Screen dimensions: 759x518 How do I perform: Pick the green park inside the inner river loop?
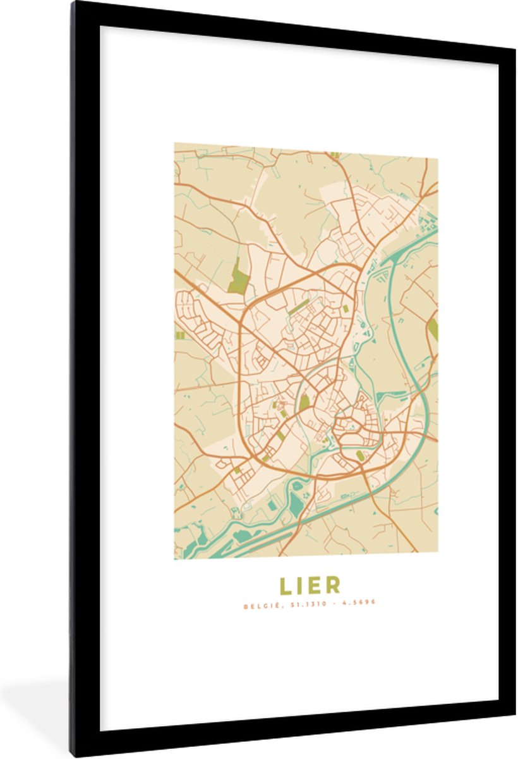point(304,402)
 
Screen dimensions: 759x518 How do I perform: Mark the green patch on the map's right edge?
point(433,330)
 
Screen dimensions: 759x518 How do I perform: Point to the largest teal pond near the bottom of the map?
point(296,504)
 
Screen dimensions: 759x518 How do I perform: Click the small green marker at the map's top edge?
point(334,154)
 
